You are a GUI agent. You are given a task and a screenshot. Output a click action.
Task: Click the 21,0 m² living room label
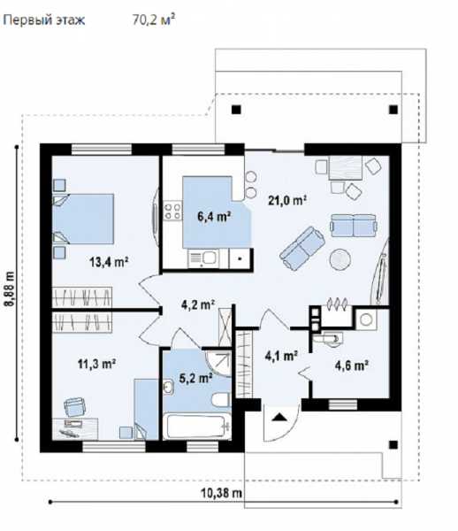[x=287, y=201]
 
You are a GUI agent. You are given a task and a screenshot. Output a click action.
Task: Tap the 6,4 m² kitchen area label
[x=214, y=216]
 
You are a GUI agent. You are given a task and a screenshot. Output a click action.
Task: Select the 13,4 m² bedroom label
[x=109, y=261]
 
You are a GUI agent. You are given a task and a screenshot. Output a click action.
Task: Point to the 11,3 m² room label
[x=97, y=364]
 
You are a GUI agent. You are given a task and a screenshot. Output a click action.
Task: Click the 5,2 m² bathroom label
[x=195, y=378]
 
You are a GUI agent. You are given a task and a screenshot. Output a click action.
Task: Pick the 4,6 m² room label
[x=351, y=366]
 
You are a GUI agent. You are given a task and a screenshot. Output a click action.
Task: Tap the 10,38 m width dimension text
[x=222, y=493]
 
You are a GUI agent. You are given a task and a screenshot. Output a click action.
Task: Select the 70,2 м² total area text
[x=154, y=19]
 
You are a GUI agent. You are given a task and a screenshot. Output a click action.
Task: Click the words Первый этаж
[x=43, y=20]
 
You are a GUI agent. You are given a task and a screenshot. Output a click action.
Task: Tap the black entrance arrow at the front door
[x=279, y=417]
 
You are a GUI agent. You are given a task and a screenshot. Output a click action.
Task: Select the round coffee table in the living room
[x=340, y=259]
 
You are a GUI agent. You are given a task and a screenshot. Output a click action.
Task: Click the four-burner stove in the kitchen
[x=172, y=211]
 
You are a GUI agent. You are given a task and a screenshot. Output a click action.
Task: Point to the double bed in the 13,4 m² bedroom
[x=83, y=219]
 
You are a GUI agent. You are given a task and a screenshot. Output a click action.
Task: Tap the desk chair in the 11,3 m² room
[x=74, y=406]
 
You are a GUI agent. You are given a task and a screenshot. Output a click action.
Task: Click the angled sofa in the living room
[x=302, y=248]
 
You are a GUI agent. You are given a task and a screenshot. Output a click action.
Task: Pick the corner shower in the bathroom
[x=218, y=364]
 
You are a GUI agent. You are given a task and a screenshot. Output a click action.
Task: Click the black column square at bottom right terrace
[x=393, y=444]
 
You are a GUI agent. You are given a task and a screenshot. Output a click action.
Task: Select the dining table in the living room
[x=346, y=167]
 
